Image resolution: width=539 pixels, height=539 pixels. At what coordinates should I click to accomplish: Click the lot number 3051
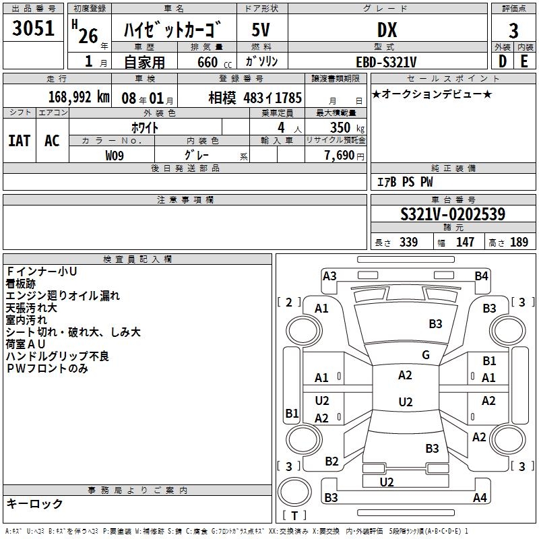[x=34, y=29]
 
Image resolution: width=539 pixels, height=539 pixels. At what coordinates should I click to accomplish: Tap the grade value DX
[x=387, y=30]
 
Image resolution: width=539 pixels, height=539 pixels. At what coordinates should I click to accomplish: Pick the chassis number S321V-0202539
[x=453, y=214]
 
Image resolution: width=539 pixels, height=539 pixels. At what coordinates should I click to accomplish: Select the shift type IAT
[x=20, y=141]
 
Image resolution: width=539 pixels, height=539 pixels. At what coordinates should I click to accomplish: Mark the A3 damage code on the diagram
[x=329, y=276]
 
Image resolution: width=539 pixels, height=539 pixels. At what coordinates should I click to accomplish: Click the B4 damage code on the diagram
[x=481, y=276]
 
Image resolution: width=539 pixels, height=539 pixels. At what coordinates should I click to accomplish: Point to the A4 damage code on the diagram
[x=480, y=498]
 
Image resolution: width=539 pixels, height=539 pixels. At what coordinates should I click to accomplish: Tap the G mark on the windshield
[x=426, y=355]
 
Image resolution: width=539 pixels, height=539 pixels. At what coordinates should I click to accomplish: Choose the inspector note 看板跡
[x=21, y=284]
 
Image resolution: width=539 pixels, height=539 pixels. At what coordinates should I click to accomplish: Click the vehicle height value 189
[x=519, y=243]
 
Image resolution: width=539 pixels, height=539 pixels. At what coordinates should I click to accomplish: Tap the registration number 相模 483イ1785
[x=255, y=96]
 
